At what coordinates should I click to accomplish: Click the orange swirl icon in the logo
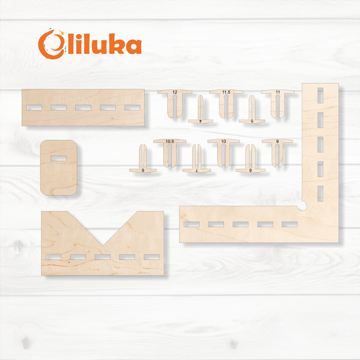click(49, 44)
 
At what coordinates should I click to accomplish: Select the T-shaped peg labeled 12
click(175, 102)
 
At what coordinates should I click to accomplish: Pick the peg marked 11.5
click(226, 102)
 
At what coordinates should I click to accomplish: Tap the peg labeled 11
click(277, 102)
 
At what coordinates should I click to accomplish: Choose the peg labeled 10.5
click(170, 151)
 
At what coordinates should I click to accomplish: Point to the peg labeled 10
click(224, 151)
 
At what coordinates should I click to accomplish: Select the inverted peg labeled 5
click(252, 112)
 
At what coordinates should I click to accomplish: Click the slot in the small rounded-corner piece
click(59, 158)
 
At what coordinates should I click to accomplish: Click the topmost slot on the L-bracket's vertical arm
click(320, 95)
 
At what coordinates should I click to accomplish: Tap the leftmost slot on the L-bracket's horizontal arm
click(191, 224)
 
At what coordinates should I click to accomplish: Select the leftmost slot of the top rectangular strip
click(34, 107)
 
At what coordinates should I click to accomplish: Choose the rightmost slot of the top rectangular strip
click(132, 107)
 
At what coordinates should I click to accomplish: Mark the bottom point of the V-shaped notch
click(103, 245)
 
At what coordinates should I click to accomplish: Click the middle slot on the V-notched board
click(102, 257)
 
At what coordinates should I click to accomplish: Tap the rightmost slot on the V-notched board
click(151, 257)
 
